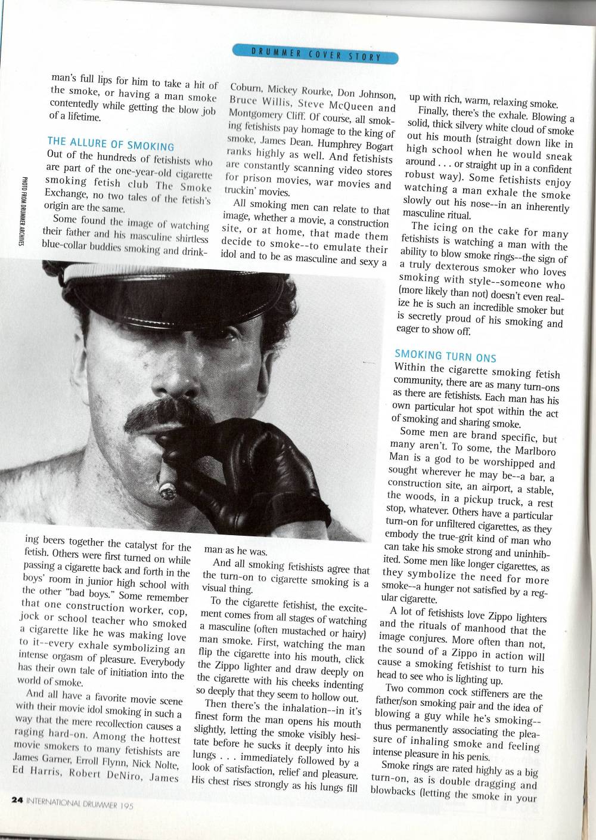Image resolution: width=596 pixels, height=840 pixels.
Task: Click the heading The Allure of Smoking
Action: click(111, 145)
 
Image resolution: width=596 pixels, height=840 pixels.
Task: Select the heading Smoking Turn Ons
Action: click(445, 357)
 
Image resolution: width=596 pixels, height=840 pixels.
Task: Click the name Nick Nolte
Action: click(157, 765)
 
